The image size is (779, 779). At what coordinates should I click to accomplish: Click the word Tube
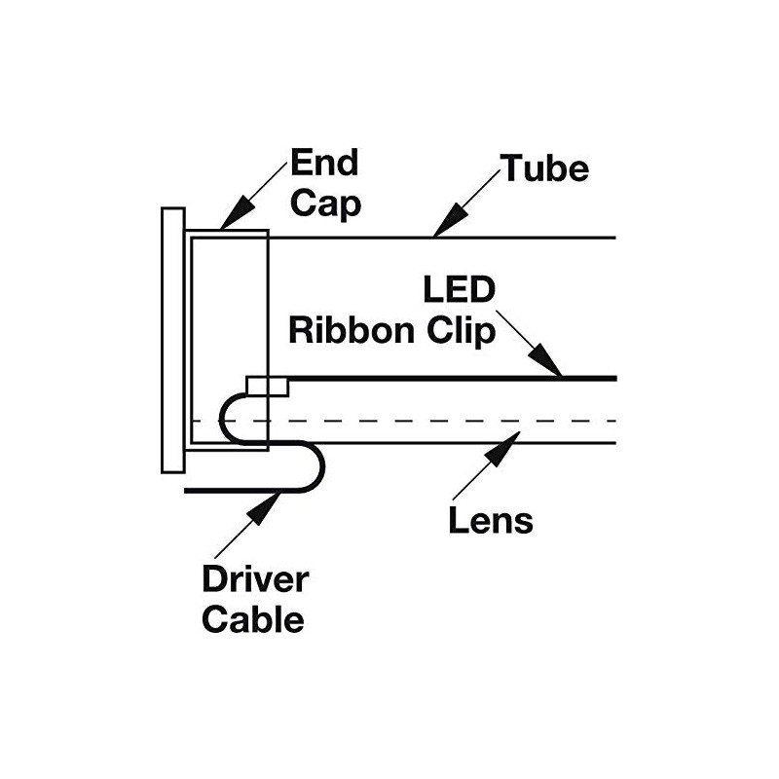tap(545, 168)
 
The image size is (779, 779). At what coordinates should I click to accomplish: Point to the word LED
tap(461, 289)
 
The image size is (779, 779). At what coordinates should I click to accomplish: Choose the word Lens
tap(491, 520)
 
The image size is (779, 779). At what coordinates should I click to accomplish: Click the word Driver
tap(255, 579)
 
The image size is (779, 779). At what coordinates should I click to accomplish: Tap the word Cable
tap(252, 619)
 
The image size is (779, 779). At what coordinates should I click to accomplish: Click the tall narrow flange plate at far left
tap(173, 340)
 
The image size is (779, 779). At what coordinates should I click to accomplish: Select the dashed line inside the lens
tap(438, 421)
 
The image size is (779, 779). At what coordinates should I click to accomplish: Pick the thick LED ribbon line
tap(448, 378)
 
